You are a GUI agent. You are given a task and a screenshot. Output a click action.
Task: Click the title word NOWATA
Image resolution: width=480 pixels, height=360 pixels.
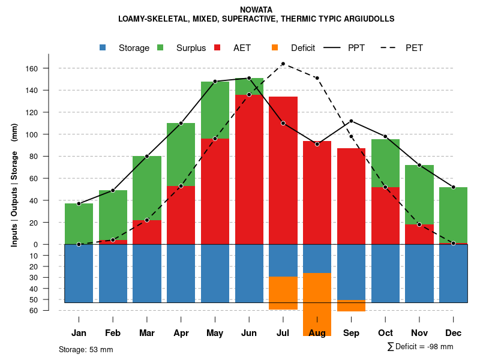point(256,10)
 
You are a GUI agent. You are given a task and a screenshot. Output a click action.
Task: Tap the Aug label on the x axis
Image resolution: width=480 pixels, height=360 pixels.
point(317,333)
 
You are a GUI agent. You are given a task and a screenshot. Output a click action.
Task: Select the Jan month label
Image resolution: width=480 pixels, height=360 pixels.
point(79,333)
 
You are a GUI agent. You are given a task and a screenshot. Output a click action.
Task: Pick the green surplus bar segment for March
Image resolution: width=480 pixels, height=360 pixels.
point(147,188)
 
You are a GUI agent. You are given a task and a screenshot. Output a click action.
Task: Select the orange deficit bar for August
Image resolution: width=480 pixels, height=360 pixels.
point(317,304)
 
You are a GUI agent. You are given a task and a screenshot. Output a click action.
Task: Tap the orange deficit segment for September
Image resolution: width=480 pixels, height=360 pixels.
point(352,306)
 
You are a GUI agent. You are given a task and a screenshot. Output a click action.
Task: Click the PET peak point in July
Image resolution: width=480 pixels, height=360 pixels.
point(283,64)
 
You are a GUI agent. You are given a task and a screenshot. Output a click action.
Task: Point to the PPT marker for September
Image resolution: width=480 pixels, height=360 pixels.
point(352,121)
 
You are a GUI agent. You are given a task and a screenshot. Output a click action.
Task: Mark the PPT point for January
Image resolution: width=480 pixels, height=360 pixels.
point(79,203)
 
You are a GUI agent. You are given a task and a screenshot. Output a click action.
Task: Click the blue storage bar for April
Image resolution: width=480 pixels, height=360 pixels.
point(181,273)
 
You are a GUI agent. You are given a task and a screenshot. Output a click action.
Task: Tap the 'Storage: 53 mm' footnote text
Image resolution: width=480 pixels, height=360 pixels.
point(86,349)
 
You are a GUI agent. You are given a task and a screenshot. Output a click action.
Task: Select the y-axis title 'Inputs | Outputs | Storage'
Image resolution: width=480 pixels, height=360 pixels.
point(14,198)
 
